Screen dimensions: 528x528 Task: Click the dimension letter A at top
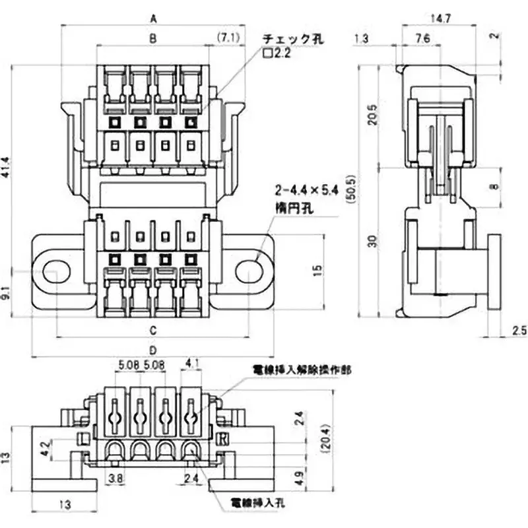[x=154, y=20]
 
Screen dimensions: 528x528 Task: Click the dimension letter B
[x=152, y=40]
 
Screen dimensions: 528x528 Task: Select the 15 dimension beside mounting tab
[x=319, y=269]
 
